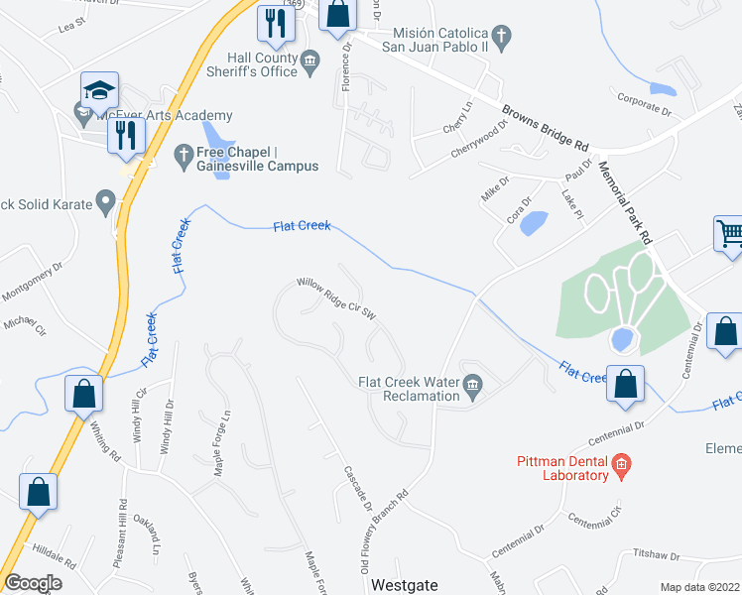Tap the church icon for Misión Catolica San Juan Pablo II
pyautogui.click(x=502, y=39)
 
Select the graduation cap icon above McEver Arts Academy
pyautogui.click(x=99, y=91)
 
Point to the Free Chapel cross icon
pyautogui.click(x=183, y=154)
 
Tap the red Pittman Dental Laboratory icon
pyautogui.click(x=621, y=462)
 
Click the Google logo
pyautogui.click(x=33, y=582)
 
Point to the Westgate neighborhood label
pyautogui.click(x=404, y=585)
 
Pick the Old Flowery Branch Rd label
pyautogui.click(x=383, y=532)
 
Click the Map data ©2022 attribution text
pyautogui.click(x=698, y=587)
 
